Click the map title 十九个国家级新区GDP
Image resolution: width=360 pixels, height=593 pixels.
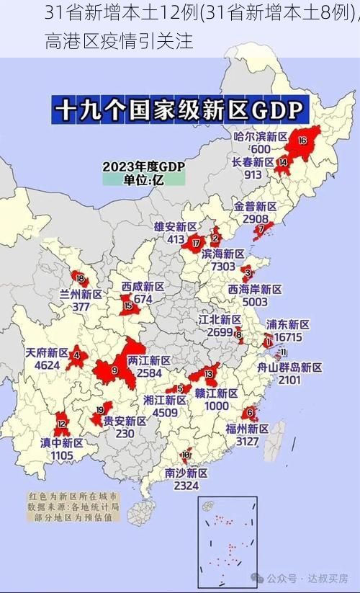tap(180, 112)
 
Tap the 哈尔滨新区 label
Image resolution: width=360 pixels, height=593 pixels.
tap(261, 136)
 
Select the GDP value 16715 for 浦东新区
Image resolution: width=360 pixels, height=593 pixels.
tap(288, 337)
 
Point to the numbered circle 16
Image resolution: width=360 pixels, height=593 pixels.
tap(302, 140)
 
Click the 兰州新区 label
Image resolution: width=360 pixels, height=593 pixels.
tap(81, 294)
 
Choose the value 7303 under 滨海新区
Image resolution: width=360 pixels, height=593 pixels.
tap(222, 266)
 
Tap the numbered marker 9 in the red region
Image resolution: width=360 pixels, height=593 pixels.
tap(114, 370)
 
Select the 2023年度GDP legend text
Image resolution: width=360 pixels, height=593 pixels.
tap(144, 166)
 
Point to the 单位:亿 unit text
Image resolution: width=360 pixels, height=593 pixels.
tap(144, 180)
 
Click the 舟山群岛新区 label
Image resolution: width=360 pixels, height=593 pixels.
tap(289, 367)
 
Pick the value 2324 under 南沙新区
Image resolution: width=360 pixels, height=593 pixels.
tap(186, 486)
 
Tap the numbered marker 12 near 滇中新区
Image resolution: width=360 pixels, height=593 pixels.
tap(62, 424)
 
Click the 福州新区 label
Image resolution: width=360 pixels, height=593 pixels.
tap(247, 428)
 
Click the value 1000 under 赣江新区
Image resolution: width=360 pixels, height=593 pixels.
tap(216, 406)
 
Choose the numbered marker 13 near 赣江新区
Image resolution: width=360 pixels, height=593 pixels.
tap(209, 374)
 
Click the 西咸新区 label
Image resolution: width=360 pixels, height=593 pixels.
tap(143, 287)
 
